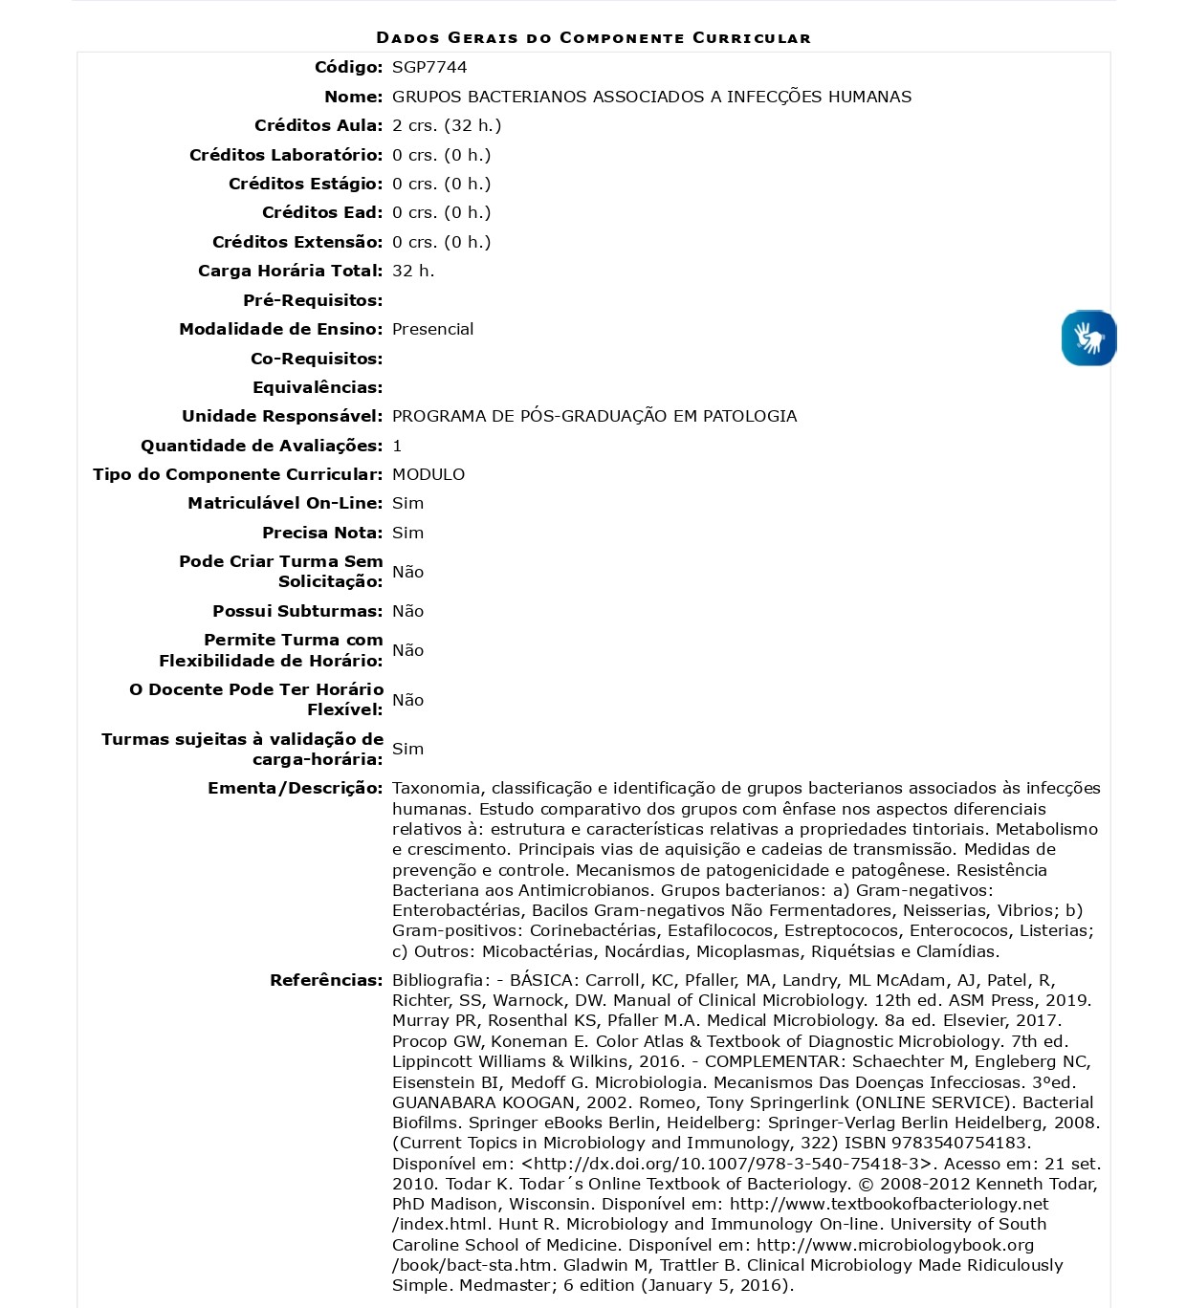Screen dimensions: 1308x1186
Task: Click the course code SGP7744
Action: [429, 67]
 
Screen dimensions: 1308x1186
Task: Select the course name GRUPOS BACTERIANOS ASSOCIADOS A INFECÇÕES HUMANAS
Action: [651, 97]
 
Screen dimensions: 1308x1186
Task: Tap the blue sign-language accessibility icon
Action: [1088, 338]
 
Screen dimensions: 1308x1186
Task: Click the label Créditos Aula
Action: [318, 125]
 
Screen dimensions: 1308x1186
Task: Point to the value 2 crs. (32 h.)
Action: [447, 125]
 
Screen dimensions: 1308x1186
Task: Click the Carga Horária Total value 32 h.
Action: [413, 271]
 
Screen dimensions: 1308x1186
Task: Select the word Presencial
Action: [432, 329]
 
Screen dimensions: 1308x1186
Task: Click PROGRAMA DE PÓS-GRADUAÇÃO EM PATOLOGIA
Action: [594, 416]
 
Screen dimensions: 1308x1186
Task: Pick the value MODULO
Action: [428, 474]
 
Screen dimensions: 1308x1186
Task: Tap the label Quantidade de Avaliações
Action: [261, 446]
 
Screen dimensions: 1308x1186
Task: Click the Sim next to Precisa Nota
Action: [407, 533]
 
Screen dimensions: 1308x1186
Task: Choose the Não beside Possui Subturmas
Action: [407, 611]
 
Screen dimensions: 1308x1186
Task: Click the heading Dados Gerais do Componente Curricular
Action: [593, 38]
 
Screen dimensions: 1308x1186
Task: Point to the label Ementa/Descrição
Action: [295, 788]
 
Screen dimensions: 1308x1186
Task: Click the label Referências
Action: [326, 980]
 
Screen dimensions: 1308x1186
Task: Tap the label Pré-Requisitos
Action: [313, 300]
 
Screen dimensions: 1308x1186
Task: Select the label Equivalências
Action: [318, 387]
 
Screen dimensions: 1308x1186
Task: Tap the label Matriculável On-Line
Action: [285, 503]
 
